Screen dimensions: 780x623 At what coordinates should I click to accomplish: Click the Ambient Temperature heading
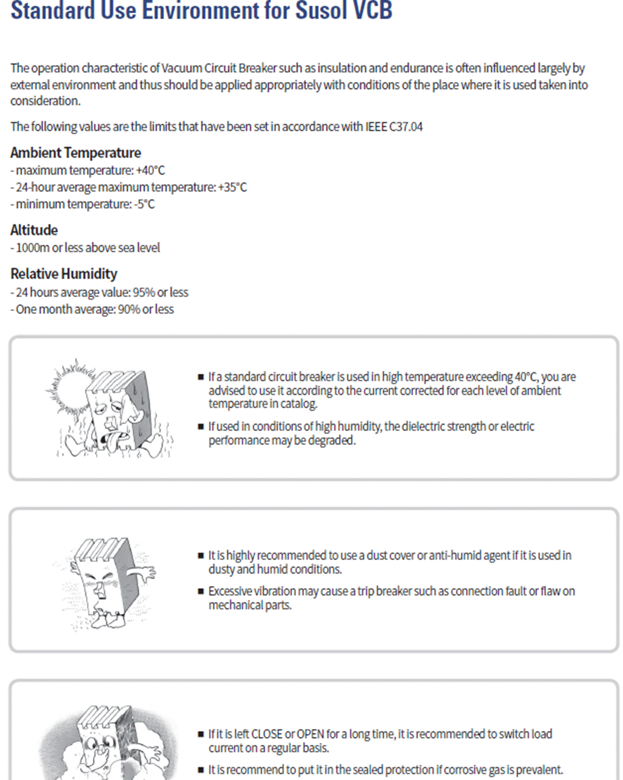coord(75,153)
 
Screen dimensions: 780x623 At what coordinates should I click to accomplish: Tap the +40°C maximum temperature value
coord(150,171)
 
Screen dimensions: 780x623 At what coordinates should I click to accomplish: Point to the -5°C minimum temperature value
coord(144,204)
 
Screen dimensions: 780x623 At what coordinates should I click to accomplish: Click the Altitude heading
coord(34,230)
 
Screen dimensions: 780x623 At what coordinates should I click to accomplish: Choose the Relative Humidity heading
coord(63,274)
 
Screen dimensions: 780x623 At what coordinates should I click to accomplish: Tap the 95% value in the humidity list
coord(144,293)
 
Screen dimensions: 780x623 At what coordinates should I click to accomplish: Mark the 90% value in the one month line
coord(129,310)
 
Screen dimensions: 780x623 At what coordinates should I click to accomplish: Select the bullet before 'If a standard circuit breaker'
coord(201,377)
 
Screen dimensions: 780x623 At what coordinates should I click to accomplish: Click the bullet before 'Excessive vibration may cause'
coord(201,591)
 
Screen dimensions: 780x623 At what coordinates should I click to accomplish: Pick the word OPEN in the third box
coord(310,734)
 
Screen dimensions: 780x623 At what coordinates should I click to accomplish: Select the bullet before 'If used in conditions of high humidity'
coord(201,427)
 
